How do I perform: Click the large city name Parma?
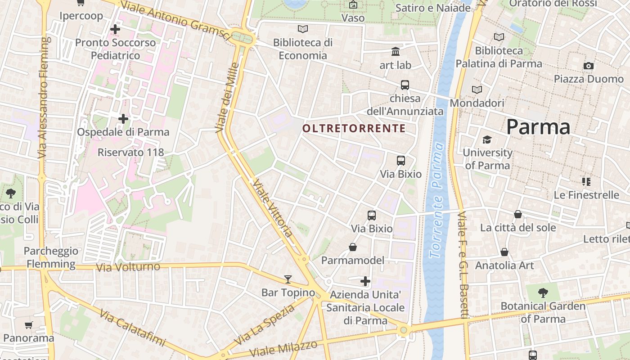(538, 127)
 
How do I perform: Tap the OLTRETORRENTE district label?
(354, 129)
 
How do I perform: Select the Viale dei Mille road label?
(226, 98)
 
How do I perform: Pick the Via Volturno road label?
(128, 267)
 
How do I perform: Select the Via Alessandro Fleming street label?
(43, 98)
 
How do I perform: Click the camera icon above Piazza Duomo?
(588, 66)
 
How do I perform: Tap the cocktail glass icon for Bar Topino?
(288, 279)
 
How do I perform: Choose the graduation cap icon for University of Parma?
(487, 139)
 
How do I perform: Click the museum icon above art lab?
(396, 51)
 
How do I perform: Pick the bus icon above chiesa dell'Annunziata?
(405, 85)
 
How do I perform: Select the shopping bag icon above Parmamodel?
(353, 247)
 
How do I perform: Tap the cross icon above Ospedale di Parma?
(123, 119)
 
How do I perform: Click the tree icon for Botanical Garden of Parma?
(543, 293)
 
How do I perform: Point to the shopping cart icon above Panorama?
(29, 325)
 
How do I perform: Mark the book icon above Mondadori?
(477, 90)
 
